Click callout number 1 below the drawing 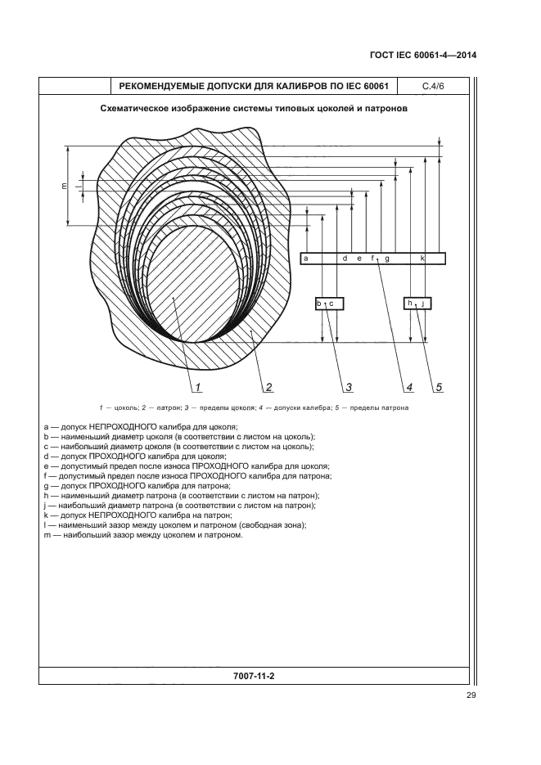tap(198, 387)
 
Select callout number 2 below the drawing tap(268, 387)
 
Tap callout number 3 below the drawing tap(349, 387)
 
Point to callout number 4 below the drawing tap(409, 387)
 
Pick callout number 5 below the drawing tap(439, 387)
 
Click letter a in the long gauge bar tap(306, 258)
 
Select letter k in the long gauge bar tap(422, 258)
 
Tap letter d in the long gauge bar tap(345, 258)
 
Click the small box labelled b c tap(329, 304)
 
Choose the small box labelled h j tap(417, 304)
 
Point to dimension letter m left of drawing tap(64, 186)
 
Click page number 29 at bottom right tap(471, 695)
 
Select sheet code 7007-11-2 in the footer tap(255, 676)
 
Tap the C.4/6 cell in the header tap(433, 87)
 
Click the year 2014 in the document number tap(467, 55)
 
